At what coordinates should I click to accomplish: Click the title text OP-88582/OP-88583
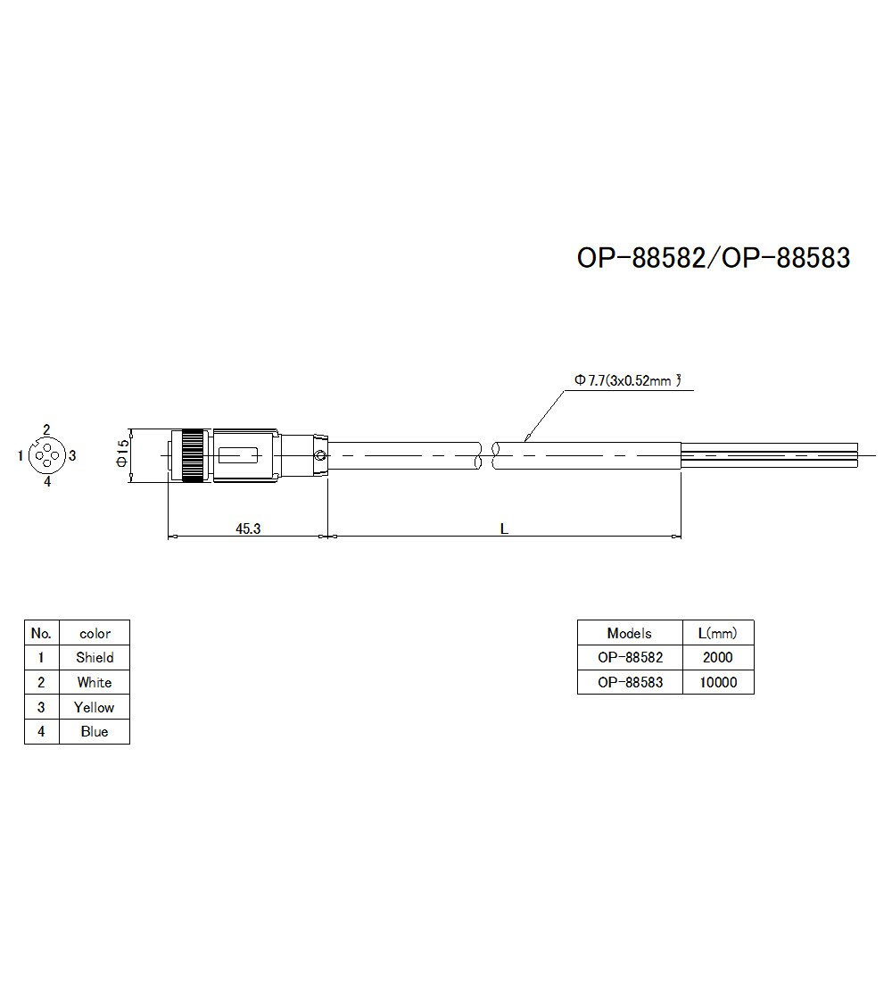coord(713,258)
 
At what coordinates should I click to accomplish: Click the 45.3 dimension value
coord(248,528)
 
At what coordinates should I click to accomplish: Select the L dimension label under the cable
coord(504,528)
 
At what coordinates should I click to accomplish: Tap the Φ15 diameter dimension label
coord(123,456)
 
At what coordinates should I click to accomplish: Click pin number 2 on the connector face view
coord(46,429)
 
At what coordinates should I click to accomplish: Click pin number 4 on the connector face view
coord(47,482)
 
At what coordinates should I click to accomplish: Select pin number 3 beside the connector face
coord(72,455)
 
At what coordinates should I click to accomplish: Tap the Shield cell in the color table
coord(95,658)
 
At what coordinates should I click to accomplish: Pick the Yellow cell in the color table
coord(95,707)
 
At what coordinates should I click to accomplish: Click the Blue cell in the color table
coord(95,732)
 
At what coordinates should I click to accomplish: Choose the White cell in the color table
coord(95,683)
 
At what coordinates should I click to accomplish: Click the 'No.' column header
coord(41,633)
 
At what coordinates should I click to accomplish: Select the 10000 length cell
coord(717,683)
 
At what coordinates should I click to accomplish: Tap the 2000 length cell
coord(717,658)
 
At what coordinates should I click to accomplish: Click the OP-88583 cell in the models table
coord(630,683)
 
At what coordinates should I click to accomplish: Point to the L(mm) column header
coord(717,633)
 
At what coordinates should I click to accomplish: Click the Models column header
coord(630,633)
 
